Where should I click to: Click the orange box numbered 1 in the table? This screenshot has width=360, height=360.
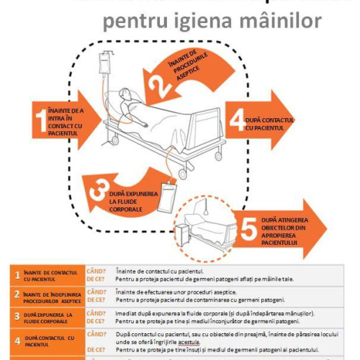pyautogui.click(x=17, y=275)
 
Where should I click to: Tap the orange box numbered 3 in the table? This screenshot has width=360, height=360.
pyautogui.click(x=17, y=316)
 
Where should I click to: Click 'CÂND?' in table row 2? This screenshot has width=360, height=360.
pyautogui.click(x=96, y=292)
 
